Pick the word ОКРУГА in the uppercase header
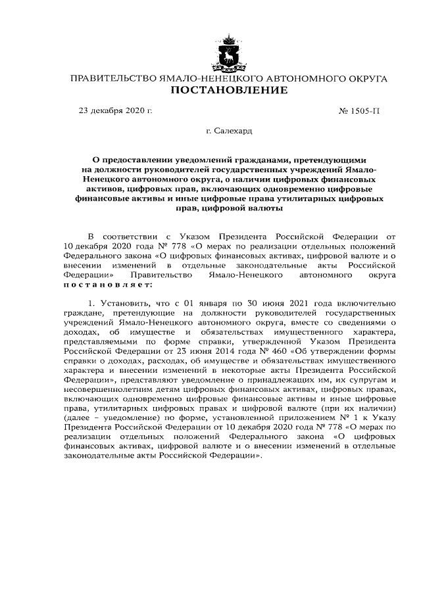[x=364, y=78]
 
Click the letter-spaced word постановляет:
[x=116, y=285]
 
